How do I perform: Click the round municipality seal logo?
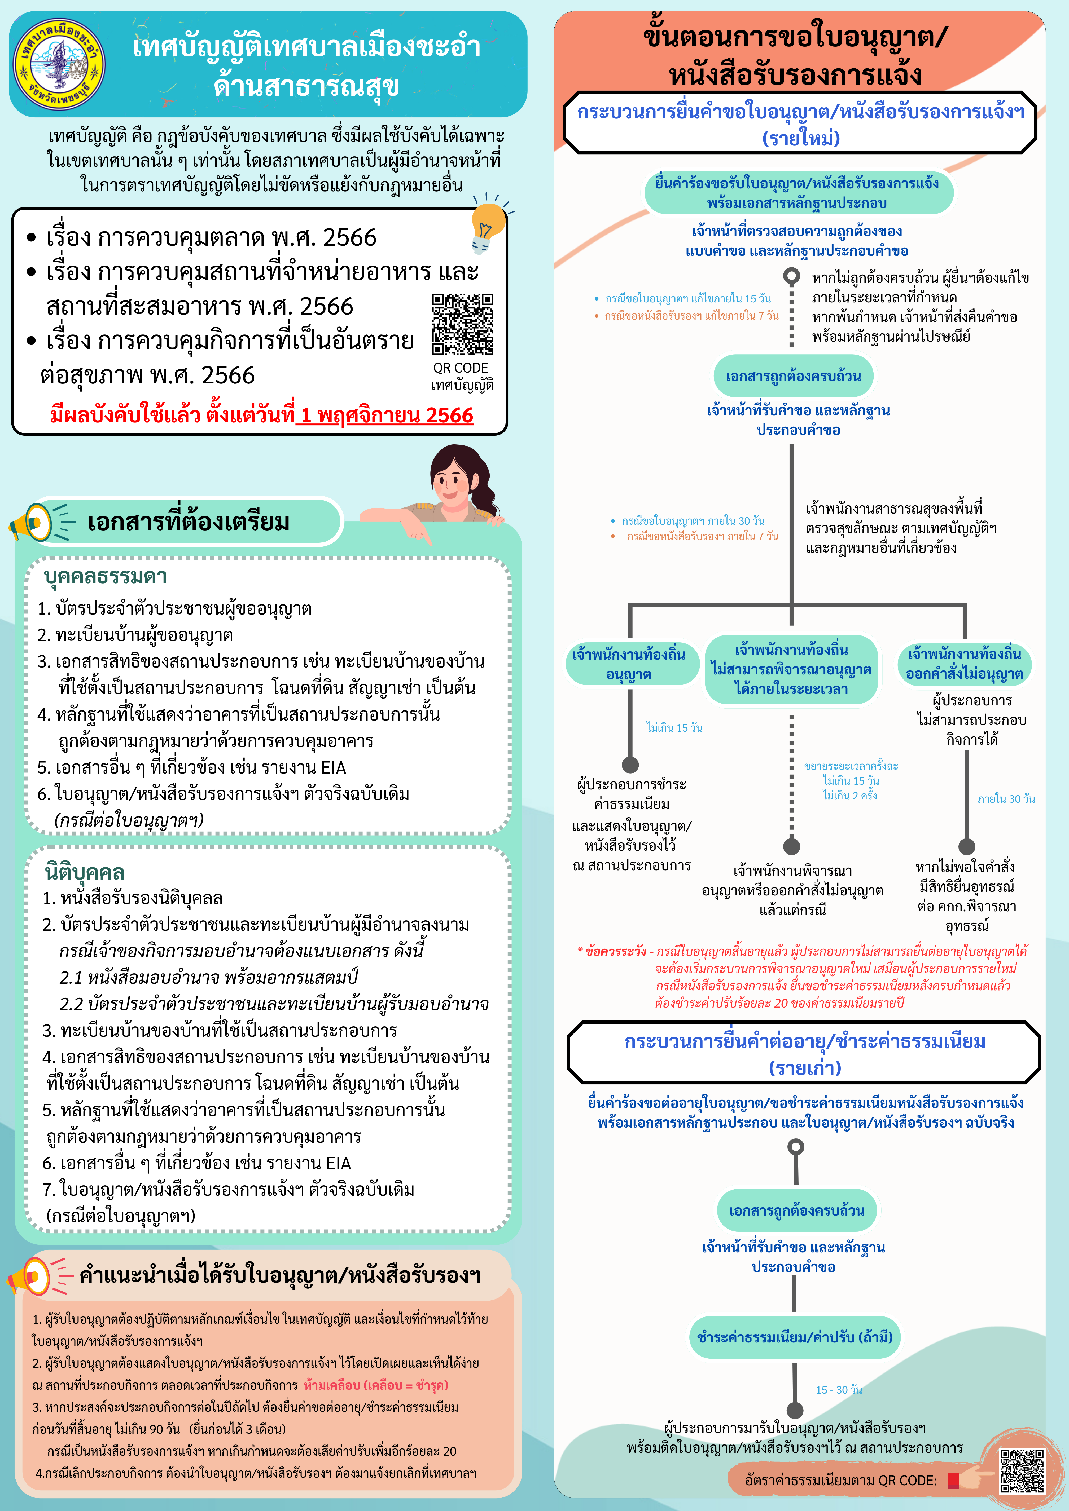point(59,64)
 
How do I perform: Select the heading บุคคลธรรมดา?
point(105,577)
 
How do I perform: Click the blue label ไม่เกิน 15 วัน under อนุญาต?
point(674,728)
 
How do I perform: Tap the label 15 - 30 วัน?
point(839,1390)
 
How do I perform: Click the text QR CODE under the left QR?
point(461,368)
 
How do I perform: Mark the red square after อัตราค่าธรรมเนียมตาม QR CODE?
point(953,1481)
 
